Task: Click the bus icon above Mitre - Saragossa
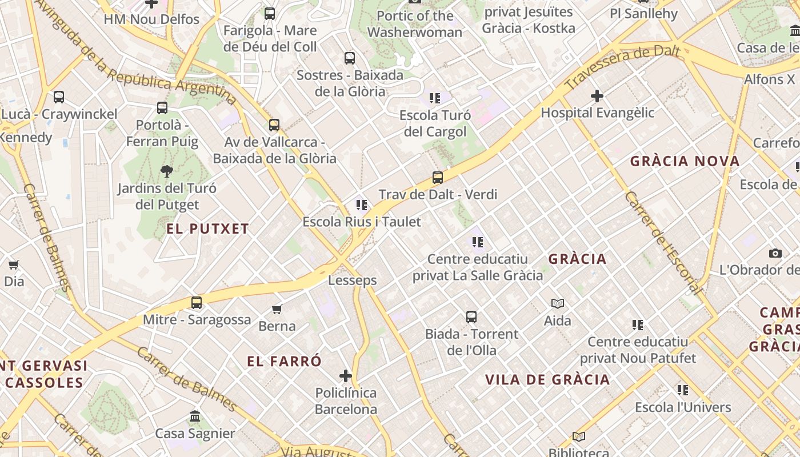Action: pyautogui.click(x=197, y=302)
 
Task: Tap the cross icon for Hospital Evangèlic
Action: pyautogui.click(x=597, y=95)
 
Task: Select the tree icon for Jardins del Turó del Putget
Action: pyautogui.click(x=166, y=170)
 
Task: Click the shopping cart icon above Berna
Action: pyautogui.click(x=277, y=309)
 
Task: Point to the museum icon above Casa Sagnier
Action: pyautogui.click(x=195, y=416)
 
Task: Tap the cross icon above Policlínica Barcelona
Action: pyautogui.click(x=346, y=375)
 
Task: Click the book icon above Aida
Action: pyautogui.click(x=558, y=303)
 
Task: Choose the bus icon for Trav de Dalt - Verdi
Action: pyautogui.click(x=438, y=177)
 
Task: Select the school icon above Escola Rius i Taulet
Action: pyautogui.click(x=362, y=205)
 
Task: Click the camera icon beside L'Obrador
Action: pyautogui.click(x=775, y=253)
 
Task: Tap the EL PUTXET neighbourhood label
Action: pyautogui.click(x=208, y=229)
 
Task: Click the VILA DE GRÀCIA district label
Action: pyautogui.click(x=547, y=379)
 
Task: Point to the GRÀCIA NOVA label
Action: pyautogui.click(x=685, y=161)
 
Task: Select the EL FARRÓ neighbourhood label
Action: pyautogui.click(x=285, y=361)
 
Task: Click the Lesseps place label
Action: pyautogui.click(x=353, y=280)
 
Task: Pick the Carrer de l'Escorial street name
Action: pyautogui.click(x=663, y=243)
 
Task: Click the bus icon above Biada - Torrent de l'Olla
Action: pyautogui.click(x=471, y=316)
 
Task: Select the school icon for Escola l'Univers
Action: pyautogui.click(x=683, y=390)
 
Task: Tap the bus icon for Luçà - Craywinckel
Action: pyautogui.click(x=59, y=97)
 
